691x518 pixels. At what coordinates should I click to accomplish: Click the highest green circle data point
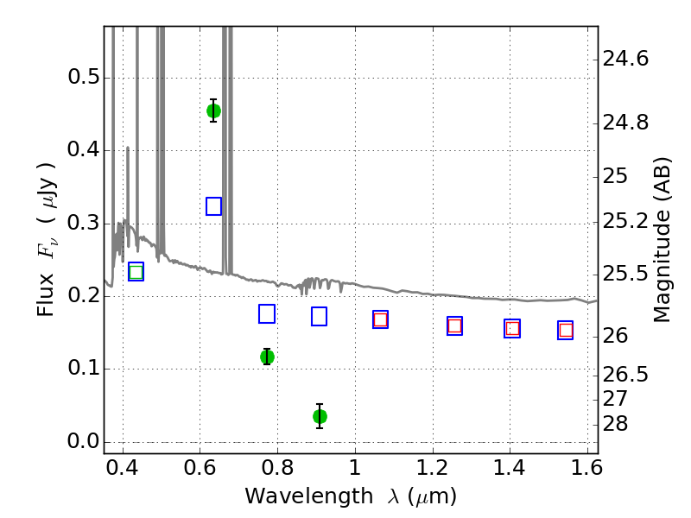tap(213, 111)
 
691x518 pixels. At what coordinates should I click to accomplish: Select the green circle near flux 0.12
tap(267, 357)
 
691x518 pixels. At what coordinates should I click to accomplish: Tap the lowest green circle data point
tap(320, 416)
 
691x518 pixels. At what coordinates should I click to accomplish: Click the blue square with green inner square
tap(136, 272)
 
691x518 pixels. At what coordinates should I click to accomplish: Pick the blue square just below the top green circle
tap(214, 206)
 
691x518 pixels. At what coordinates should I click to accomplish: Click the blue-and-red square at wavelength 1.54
tap(566, 330)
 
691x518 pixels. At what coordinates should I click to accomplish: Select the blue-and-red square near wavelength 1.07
tap(380, 319)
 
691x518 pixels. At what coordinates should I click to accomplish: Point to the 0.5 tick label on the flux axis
tap(83, 78)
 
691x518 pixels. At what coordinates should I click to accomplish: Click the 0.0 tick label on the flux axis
tap(83, 442)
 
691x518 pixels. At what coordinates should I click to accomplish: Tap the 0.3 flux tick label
tap(83, 224)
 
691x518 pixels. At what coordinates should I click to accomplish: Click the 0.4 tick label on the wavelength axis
tap(123, 472)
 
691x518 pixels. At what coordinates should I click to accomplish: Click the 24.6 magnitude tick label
tap(626, 60)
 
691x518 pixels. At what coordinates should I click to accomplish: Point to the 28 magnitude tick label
tap(617, 424)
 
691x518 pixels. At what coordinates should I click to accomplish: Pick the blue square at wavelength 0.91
tap(320, 317)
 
